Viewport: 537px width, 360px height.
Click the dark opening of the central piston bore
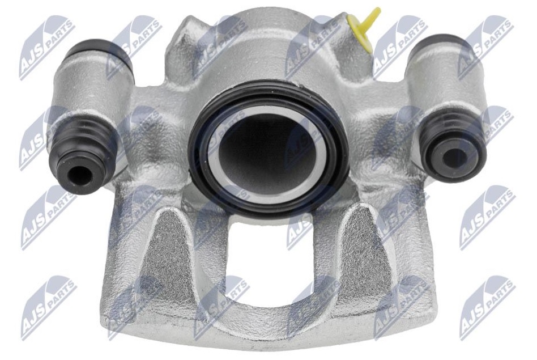click(266, 153)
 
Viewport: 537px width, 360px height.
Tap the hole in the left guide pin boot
click(79, 176)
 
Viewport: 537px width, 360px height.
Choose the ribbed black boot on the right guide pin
click(451, 147)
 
